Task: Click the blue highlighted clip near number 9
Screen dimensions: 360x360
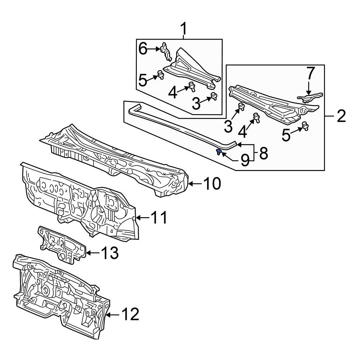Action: click(x=219, y=152)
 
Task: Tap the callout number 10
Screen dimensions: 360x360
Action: click(x=212, y=184)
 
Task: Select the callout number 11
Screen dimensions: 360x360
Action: click(x=159, y=217)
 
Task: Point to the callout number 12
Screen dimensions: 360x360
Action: click(x=130, y=314)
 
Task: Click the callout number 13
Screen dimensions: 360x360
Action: click(x=110, y=253)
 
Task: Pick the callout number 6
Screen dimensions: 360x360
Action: click(x=143, y=49)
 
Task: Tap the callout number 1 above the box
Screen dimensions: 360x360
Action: click(x=184, y=29)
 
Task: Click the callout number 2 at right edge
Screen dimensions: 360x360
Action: click(x=341, y=116)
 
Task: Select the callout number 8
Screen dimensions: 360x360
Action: click(x=264, y=153)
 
